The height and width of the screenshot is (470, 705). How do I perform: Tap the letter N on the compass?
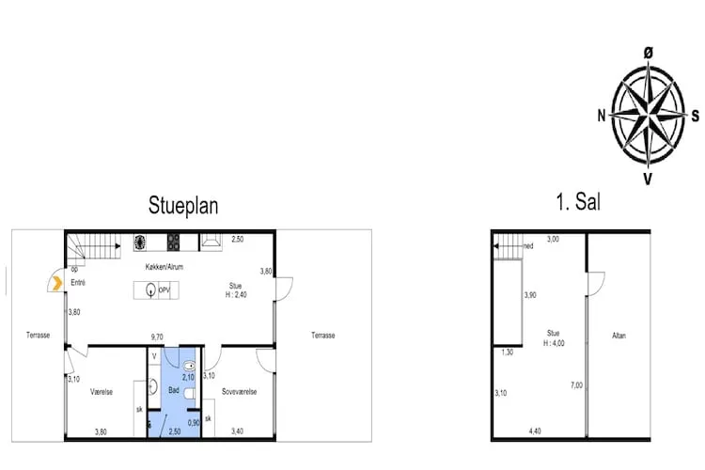601,116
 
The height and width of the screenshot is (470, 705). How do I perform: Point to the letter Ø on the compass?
648,55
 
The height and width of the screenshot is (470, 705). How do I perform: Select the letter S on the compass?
695,116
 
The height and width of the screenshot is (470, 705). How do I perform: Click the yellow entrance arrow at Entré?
57,280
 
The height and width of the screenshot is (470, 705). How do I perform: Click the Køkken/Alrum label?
164,267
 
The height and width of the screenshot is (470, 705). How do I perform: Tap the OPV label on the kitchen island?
164,290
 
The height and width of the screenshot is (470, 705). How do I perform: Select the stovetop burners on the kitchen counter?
174,243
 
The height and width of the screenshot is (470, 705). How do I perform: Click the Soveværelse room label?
239,391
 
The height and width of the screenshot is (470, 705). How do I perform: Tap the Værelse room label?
101,391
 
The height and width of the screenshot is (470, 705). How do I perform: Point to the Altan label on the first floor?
619,335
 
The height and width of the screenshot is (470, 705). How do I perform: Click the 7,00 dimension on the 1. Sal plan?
576,385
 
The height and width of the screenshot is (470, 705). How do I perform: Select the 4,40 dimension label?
535,431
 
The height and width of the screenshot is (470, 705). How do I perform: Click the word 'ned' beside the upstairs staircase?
528,246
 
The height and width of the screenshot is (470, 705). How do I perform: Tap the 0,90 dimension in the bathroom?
194,422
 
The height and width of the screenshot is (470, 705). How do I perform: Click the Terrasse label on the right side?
322,335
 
